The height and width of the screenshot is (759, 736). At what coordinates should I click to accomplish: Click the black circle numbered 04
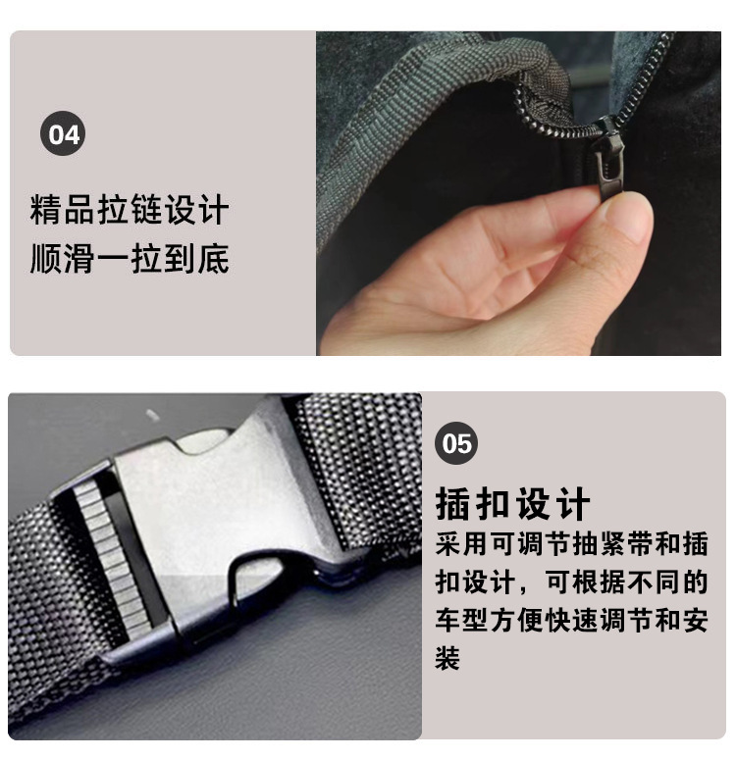pos(63,134)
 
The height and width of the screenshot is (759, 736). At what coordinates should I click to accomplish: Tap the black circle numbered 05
pos(457,444)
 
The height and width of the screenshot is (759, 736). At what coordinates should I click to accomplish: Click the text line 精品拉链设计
pos(130,210)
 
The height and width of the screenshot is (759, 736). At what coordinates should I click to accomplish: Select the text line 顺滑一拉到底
pos(130,259)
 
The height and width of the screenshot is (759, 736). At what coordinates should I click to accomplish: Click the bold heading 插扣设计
pos(512,504)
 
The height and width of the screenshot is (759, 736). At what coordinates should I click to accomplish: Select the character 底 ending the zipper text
pos(213,259)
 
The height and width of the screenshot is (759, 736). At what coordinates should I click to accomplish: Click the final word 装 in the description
pos(447,657)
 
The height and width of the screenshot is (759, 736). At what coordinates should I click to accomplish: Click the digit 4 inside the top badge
pos(72,134)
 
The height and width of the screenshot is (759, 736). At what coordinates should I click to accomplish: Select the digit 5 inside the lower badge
pos(465,444)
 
